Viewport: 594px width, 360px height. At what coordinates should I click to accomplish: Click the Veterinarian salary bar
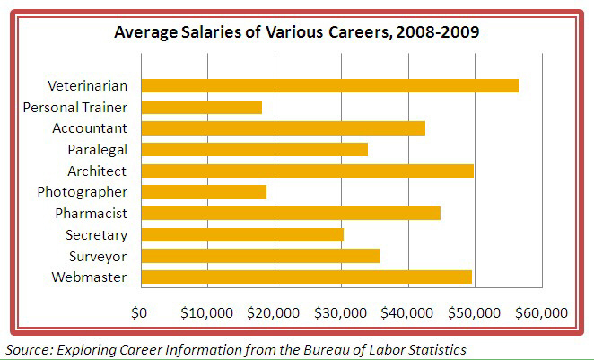[x=329, y=85]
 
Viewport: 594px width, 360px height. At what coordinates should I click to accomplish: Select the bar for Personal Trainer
[x=201, y=107]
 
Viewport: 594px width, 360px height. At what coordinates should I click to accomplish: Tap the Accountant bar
[x=283, y=128]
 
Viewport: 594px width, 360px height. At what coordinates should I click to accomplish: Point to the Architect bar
[x=307, y=171]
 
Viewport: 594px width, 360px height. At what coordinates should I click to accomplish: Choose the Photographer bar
[x=204, y=191]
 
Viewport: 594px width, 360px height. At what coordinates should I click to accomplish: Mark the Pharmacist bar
[x=291, y=213]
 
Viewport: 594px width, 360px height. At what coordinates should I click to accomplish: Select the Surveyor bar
[x=260, y=256]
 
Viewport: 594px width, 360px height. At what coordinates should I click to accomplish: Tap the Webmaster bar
[x=306, y=277]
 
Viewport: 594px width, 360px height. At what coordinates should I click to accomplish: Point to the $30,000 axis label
[x=341, y=313]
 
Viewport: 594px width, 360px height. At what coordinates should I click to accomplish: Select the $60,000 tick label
[x=542, y=313]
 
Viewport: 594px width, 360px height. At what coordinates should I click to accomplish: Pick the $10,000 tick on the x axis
[x=207, y=313]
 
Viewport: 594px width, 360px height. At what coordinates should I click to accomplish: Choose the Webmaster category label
[x=90, y=277]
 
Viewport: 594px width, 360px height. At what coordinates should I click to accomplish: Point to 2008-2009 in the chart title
[x=437, y=34]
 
